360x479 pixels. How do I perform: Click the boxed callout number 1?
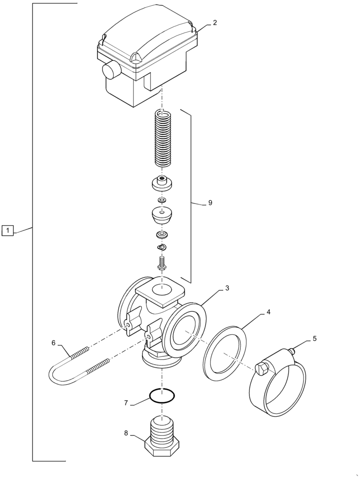point(8,230)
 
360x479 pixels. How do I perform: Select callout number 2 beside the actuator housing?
point(215,23)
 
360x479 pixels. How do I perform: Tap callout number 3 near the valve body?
point(227,288)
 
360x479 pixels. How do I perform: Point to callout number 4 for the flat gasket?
point(269,312)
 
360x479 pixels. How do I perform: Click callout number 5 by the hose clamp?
point(314,339)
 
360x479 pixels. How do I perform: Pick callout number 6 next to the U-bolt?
point(54,342)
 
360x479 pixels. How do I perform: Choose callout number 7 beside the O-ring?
point(126,403)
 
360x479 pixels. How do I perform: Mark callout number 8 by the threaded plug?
point(126,433)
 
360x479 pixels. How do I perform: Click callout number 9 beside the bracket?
point(210,203)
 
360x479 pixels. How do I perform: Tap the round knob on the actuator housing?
point(111,70)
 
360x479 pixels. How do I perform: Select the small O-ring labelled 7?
point(162,396)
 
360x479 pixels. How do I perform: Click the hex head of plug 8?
point(162,448)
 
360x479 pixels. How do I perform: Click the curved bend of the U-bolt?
point(56,374)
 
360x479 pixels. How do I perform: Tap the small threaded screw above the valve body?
point(162,263)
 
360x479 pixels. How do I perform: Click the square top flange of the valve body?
point(160,290)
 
